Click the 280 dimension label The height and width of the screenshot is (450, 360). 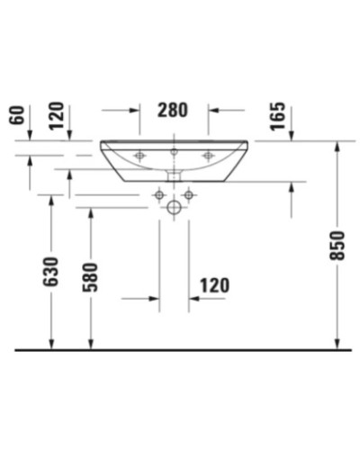coord(174,112)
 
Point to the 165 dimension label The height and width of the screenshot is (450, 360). coord(277,115)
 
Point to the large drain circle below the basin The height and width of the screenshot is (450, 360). coord(174,207)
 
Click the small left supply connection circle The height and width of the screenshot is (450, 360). coord(159,193)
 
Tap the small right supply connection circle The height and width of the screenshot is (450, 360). coord(188,193)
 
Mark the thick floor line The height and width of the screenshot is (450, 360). coord(180,347)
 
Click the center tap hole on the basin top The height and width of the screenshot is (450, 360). coord(174,149)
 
